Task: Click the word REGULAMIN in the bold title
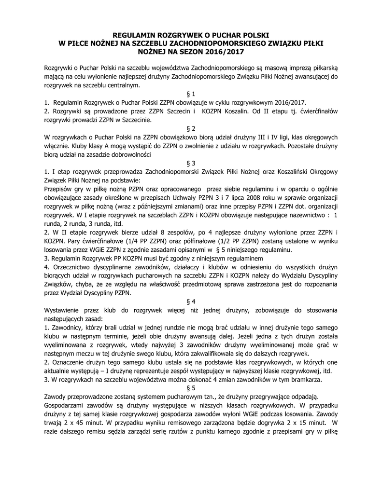(x=135, y=35)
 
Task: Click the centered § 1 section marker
(x=190, y=94)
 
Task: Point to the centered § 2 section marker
(x=190, y=129)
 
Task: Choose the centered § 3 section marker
(x=190, y=164)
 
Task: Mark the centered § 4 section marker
(x=190, y=300)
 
